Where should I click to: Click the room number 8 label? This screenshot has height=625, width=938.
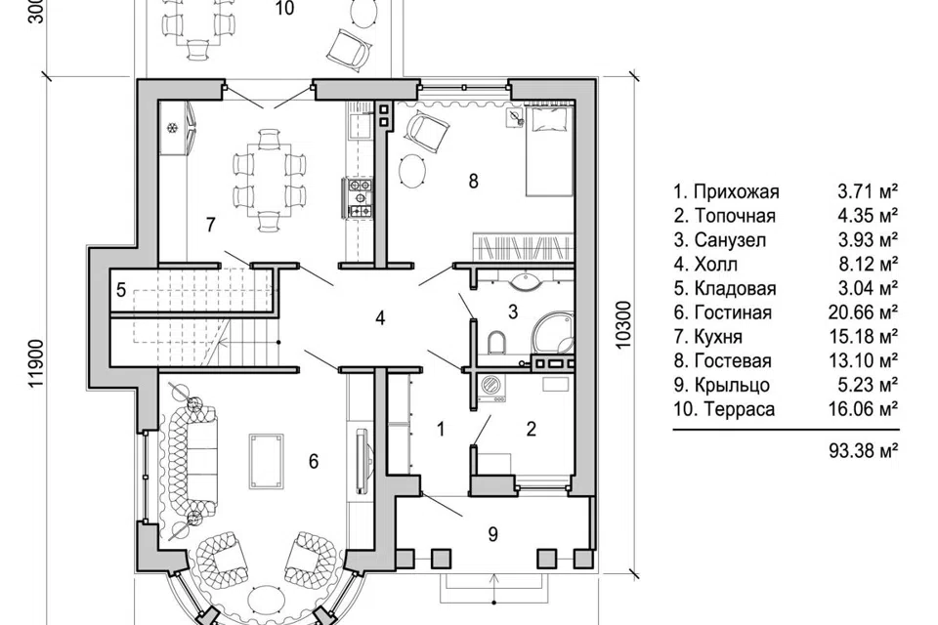[x=473, y=181]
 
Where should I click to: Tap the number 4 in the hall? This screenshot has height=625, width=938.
[x=380, y=318]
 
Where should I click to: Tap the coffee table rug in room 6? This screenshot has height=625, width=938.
[x=267, y=462]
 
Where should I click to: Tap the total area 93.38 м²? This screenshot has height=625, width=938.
[x=864, y=450]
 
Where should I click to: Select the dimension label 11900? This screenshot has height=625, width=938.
[x=37, y=364]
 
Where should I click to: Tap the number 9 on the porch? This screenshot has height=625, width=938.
[x=492, y=534]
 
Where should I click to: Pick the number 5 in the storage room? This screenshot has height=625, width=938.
[x=121, y=291]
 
